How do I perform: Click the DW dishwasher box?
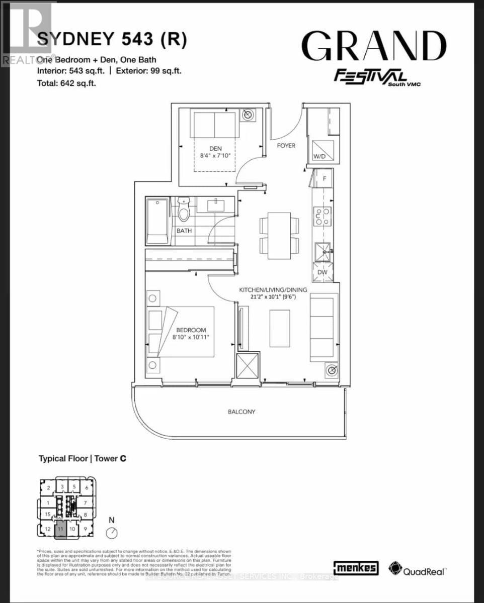[322, 271]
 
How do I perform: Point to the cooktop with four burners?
[322, 217]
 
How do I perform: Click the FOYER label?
[286, 146]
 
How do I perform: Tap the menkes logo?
[356, 568]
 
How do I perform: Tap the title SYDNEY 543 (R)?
[112, 41]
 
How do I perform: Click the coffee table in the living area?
[280, 328]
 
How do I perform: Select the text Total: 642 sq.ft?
[66, 83]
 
